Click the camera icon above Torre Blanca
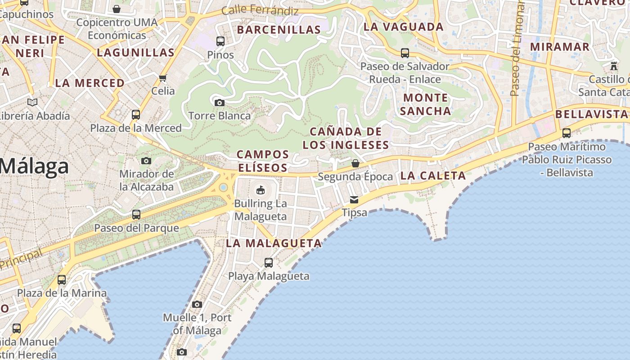(x=219, y=103)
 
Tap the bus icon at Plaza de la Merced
(x=136, y=115)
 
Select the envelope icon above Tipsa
(x=355, y=199)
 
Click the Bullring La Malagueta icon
(x=261, y=190)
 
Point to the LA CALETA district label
(x=433, y=175)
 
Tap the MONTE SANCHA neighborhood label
(x=425, y=104)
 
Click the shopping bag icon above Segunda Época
(x=355, y=163)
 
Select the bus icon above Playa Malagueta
(x=269, y=263)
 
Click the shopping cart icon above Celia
(x=163, y=78)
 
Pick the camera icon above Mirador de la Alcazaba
(x=146, y=161)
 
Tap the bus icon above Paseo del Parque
(x=136, y=215)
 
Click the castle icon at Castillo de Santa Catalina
(x=614, y=66)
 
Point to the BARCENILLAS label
(x=279, y=30)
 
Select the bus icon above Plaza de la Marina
(x=62, y=280)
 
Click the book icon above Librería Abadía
(x=32, y=102)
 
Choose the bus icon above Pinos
(x=220, y=41)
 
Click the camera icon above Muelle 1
(x=197, y=304)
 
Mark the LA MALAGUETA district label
(x=274, y=243)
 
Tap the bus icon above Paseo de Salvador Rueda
(x=405, y=53)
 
